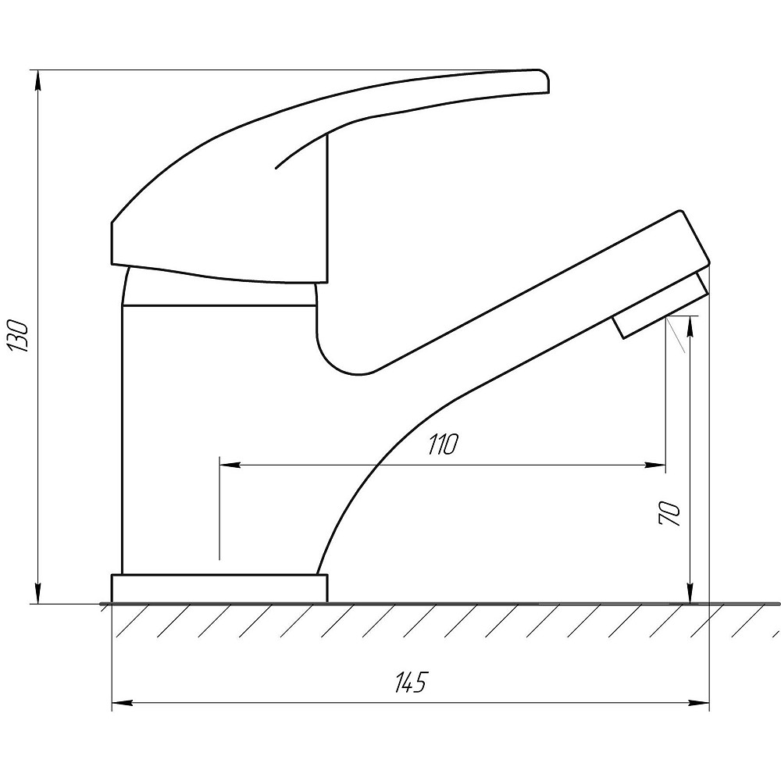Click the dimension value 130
point(18,336)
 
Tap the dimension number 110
point(442,445)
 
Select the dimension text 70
point(669,514)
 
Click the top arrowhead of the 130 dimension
point(37,80)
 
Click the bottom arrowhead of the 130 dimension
point(37,594)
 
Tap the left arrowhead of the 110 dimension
point(230,465)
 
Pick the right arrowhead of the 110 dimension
point(655,465)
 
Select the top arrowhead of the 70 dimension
point(690,326)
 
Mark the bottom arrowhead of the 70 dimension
point(690,594)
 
